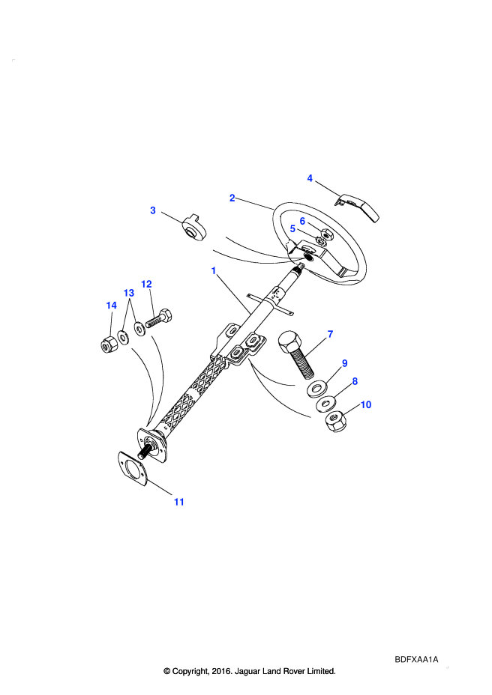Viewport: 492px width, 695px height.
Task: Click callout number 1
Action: coord(214,270)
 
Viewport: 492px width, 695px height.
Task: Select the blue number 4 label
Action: coord(310,178)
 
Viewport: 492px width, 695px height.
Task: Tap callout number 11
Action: coord(179,502)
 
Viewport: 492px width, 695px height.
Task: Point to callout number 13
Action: coord(129,293)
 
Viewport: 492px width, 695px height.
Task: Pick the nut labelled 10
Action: coord(337,422)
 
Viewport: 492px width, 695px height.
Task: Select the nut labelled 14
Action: coord(108,345)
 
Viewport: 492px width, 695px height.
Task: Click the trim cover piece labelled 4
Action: coord(358,206)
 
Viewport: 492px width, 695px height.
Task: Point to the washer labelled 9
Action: coord(316,389)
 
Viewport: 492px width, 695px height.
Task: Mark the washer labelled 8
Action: coord(326,404)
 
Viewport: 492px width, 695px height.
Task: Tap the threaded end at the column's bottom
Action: coord(143,453)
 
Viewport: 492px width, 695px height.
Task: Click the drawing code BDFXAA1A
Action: coord(416,659)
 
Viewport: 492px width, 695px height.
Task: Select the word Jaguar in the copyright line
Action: coord(247,671)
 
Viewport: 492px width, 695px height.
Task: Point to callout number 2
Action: coord(232,198)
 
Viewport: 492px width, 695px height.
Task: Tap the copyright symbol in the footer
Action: coord(167,671)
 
